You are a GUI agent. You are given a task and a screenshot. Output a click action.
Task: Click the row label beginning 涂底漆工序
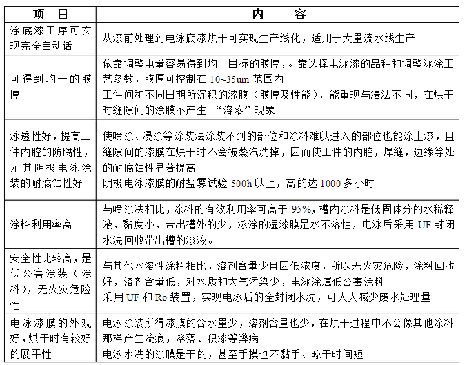click(48, 38)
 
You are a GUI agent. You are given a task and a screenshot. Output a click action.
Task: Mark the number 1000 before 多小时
click(332, 184)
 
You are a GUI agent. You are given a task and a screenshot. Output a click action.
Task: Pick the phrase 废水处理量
click(403, 297)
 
